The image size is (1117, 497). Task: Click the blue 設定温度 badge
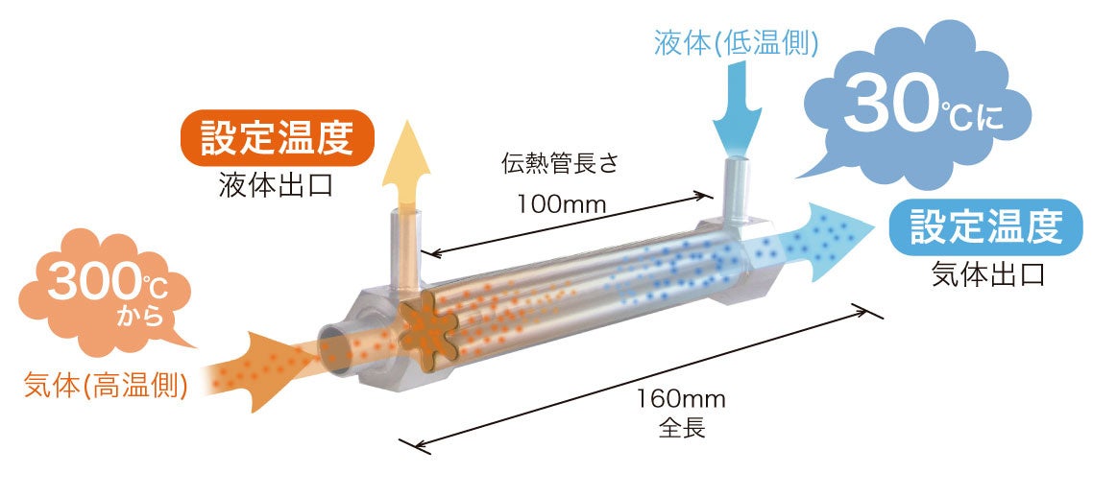(x=985, y=226)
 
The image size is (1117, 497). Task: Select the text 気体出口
(x=986, y=274)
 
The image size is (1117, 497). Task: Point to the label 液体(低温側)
(x=736, y=41)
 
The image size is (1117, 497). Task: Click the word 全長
(x=682, y=427)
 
